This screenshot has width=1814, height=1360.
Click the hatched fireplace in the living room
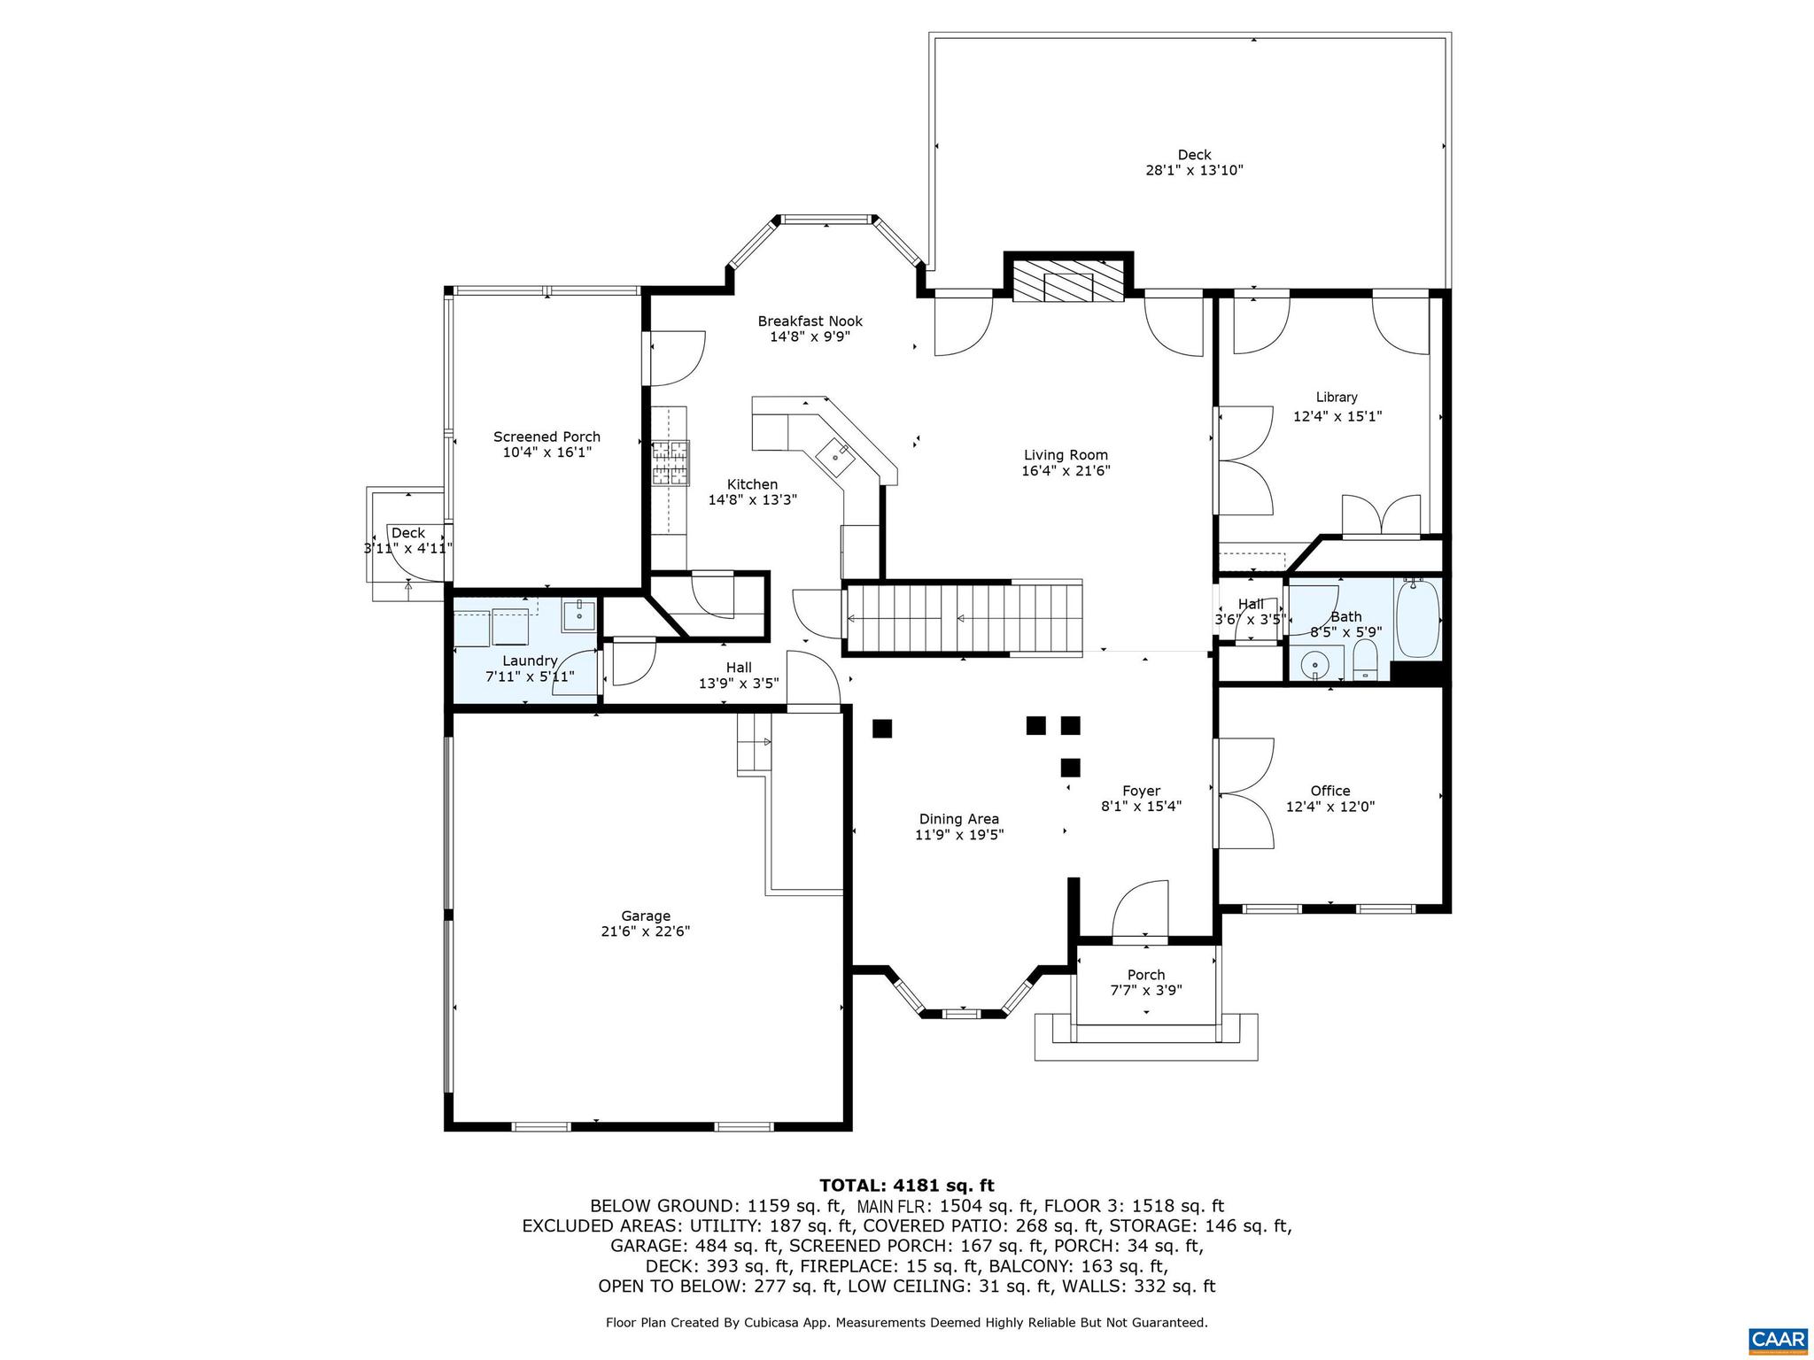(x=1068, y=281)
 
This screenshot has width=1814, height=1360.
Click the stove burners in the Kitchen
(x=671, y=463)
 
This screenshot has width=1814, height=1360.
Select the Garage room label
(x=645, y=916)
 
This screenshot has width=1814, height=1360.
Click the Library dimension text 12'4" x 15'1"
(x=1337, y=415)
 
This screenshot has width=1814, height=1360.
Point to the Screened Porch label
(x=547, y=437)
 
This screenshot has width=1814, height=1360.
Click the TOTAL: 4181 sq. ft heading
(x=906, y=1186)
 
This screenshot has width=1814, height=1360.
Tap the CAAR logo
(x=1778, y=1338)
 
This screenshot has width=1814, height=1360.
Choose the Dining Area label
(x=958, y=819)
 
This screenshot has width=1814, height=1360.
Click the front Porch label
(x=1145, y=975)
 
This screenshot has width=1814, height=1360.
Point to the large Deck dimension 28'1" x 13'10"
(x=1194, y=170)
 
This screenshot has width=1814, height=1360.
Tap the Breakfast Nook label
(x=810, y=321)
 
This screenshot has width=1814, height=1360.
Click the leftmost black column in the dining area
(x=881, y=729)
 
